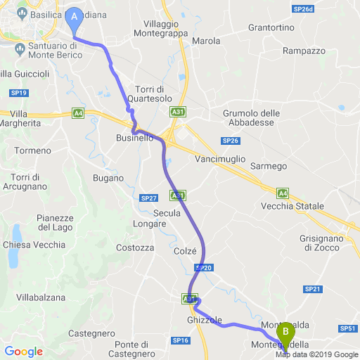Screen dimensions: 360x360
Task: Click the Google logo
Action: (23, 352)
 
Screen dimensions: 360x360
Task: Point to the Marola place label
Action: (206, 41)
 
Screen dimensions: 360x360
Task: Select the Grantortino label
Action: (271, 28)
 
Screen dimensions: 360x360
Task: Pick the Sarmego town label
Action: (269, 166)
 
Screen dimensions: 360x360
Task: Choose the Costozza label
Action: (134, 247)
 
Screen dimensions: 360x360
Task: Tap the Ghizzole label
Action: (205, 319)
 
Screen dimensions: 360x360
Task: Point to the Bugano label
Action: (108, 179)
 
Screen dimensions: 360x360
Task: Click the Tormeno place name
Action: (32, 150)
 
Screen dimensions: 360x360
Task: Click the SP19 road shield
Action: (19, 93)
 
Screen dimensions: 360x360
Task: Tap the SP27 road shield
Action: (148, 198)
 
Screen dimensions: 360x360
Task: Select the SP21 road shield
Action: (312, 289)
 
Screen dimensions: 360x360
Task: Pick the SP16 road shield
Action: (180, 340)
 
